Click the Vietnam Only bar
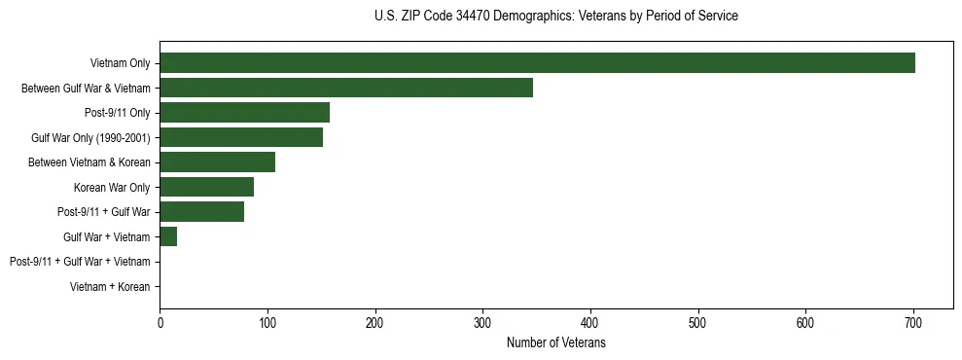point(537,63)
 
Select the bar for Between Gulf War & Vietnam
point(346,89)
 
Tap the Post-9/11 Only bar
point(244,113)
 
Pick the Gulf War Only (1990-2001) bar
point(241,138)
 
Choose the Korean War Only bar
point(206,187)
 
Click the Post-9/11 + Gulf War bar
point(201,212)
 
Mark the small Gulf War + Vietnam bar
point(168,236)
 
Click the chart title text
point(555,17)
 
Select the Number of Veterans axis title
point(555,343)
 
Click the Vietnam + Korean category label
point(110,287)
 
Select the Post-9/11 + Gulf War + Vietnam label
point(80,262)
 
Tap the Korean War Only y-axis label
point(112,188)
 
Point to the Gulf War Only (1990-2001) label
point(90,138)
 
